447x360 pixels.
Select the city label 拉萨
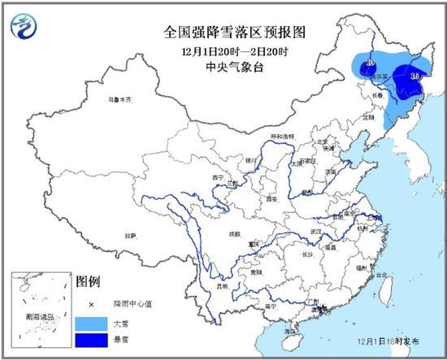(130, 236)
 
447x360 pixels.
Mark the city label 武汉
(309, 232)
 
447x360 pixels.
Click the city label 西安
(271, 199)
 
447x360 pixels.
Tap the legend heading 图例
(87, 282)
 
